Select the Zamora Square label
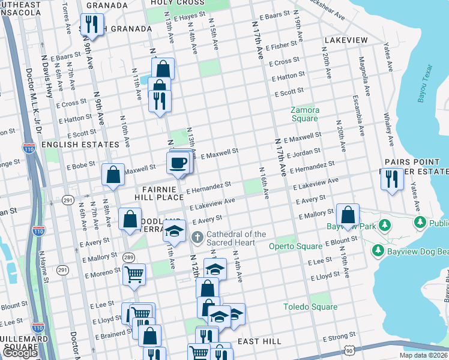304,114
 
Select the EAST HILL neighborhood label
259,341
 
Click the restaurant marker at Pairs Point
391,178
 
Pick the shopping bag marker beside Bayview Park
348,214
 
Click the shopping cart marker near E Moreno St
134,275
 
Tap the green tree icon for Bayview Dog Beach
378,250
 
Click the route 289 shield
129,256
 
